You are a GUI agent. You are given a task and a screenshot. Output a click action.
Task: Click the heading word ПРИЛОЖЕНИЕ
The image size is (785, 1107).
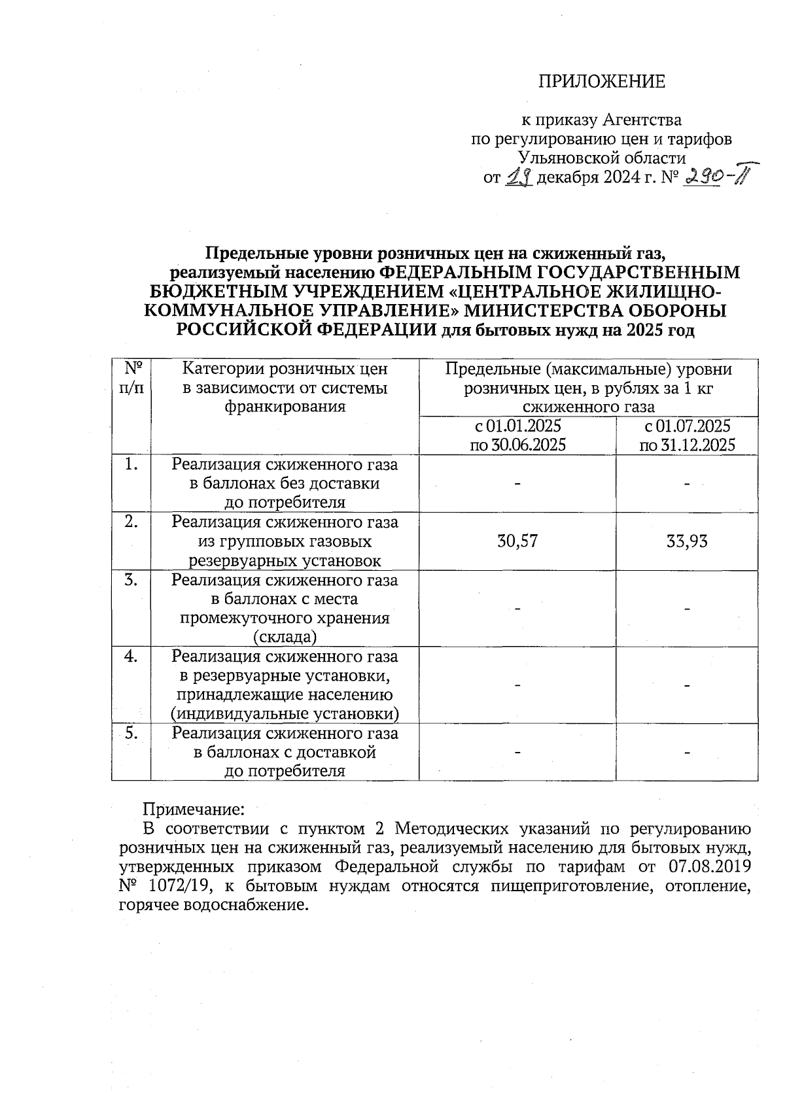coord(601,82)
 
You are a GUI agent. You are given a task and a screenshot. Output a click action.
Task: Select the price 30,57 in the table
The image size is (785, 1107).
coord(517,541)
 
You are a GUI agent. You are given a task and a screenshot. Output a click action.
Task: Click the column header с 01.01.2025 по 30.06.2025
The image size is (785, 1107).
coord(517,435)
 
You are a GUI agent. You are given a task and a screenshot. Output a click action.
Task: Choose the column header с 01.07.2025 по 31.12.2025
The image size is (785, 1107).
coord(687,435)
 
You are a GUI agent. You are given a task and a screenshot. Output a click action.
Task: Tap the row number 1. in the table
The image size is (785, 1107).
coord(131,465)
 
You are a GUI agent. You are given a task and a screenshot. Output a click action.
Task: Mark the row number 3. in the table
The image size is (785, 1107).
coord(131,580)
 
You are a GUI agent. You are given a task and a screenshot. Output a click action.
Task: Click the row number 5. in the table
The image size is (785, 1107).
coord(131,733)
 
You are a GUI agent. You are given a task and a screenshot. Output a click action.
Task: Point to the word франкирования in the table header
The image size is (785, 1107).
coord(285,407)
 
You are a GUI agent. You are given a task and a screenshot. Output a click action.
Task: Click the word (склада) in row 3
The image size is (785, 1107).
coord(285,637)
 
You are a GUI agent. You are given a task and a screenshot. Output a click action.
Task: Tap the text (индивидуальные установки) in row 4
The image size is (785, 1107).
coord(285,713)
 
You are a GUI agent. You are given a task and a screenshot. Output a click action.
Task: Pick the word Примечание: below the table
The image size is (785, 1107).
coord(194,809)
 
